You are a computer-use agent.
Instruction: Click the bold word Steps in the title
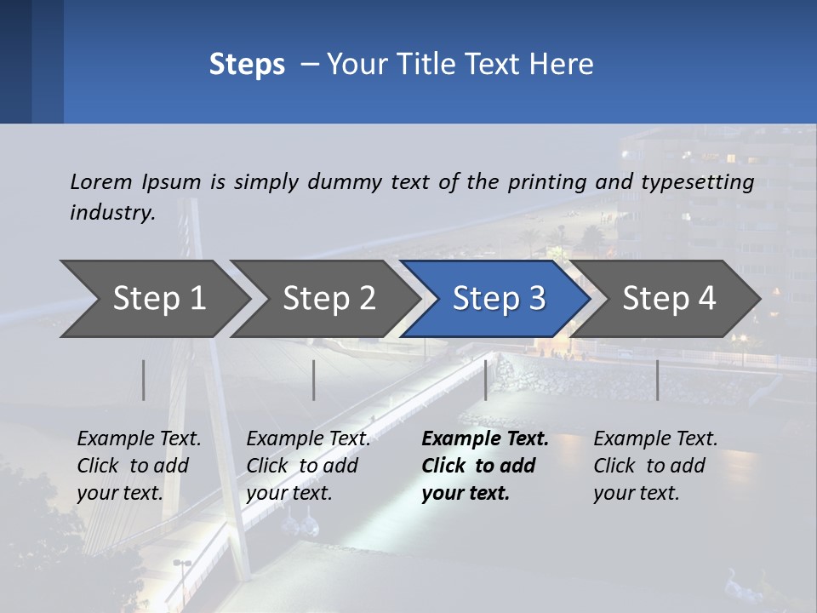pos(247,65)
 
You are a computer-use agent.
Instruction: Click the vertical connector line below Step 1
pos(144,380)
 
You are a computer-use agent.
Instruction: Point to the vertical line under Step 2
pos(314,380)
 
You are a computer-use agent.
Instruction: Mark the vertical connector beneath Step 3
pos(486,380)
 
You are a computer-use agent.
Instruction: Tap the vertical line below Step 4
pos(657,380)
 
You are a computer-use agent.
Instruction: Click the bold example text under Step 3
pos(484,466)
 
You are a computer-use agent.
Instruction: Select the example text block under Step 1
pos(139,466)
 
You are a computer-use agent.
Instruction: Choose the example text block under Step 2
pos(308,466)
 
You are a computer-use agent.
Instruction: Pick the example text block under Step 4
pos(655,466)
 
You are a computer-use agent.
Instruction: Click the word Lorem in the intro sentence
pos(101,181)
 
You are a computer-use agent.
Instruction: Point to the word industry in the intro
pos(111,212)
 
